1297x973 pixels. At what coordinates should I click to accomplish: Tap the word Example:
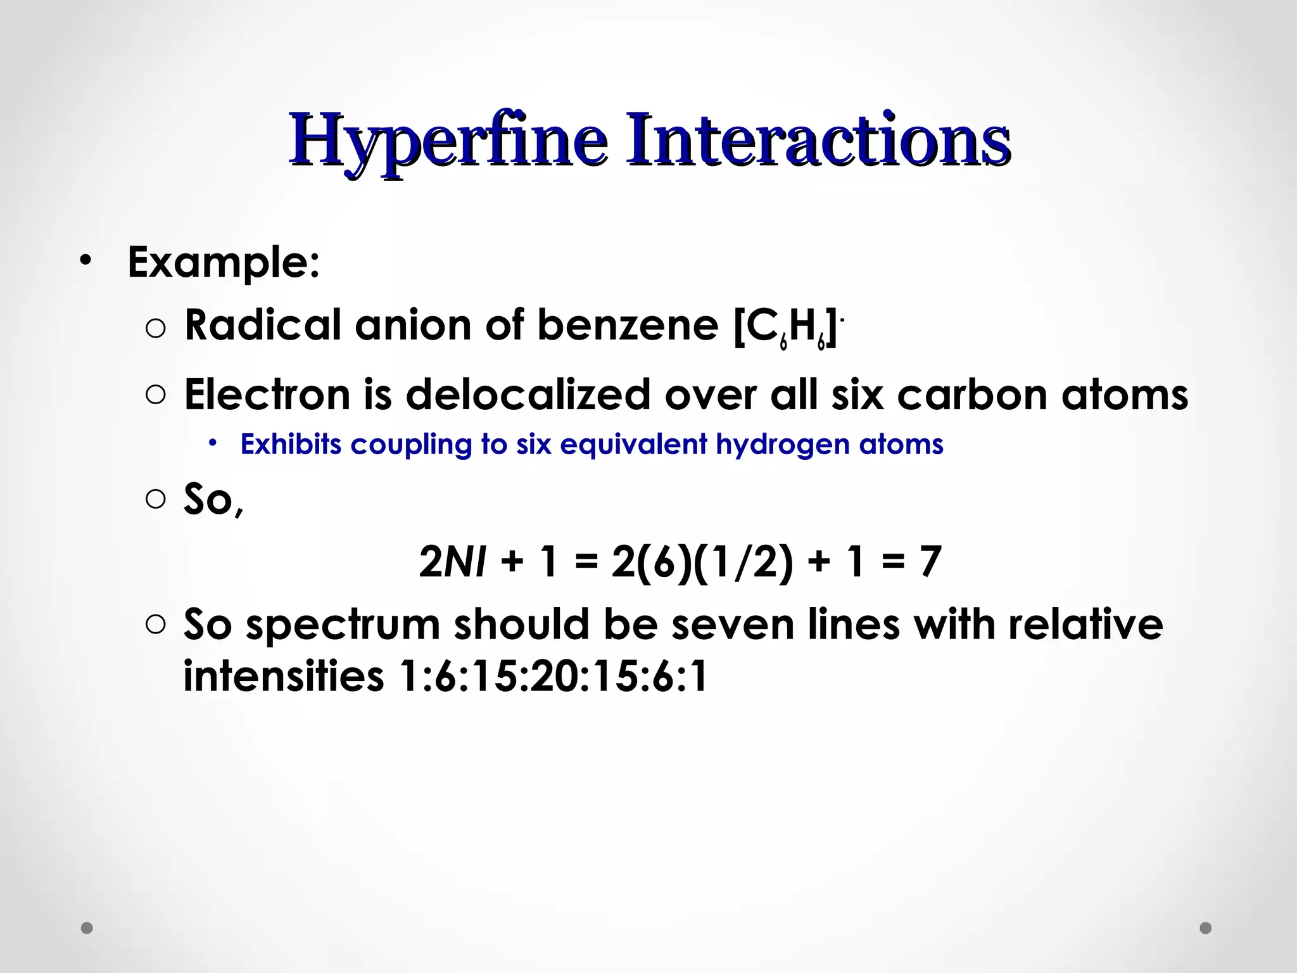coord(224,262)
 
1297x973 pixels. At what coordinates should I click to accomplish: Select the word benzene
coord(628,325)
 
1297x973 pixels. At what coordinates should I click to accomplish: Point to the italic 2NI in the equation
coord(452,561)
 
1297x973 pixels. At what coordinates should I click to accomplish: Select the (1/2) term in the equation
coord(743,561)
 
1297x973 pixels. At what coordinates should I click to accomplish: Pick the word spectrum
coord(343,625)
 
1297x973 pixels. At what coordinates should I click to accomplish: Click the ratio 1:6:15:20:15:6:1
coord(554,677)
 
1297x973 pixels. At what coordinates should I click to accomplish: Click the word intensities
coord(284,677)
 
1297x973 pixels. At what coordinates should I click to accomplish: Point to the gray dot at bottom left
coord(87,928)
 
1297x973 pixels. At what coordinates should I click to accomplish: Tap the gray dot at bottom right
coord(1206,928)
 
